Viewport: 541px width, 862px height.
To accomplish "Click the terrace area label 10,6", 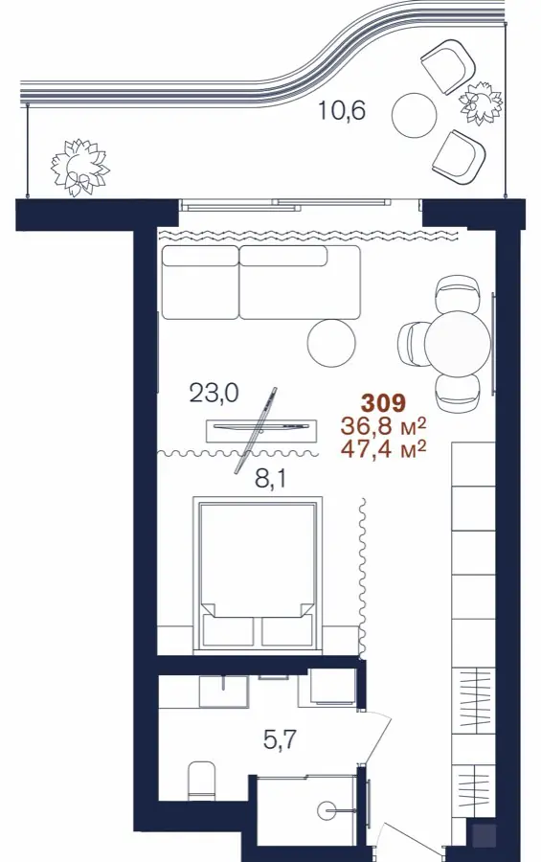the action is (342, 111).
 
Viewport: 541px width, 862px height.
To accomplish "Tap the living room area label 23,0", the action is (214, 393).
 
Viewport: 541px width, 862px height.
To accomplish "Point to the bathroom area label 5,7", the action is (280, 740).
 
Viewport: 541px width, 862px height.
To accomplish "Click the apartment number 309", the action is (383, 403).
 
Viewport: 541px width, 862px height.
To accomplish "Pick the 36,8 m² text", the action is (384, 426).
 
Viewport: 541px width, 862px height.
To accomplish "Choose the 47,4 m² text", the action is (384, 449).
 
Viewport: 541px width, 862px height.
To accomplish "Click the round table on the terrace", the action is (415, 115).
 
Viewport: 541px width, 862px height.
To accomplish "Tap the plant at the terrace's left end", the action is (79, 167).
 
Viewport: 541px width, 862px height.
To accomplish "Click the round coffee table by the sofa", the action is (331, 342).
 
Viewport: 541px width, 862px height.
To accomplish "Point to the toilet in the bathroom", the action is (201, 781).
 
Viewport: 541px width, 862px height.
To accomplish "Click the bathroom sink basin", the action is (223, 691).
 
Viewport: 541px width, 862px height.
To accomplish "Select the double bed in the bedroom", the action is (257, 576).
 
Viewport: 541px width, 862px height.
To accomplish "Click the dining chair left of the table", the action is (412, 344).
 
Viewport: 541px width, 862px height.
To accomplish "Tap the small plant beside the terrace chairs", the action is (481, 102).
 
